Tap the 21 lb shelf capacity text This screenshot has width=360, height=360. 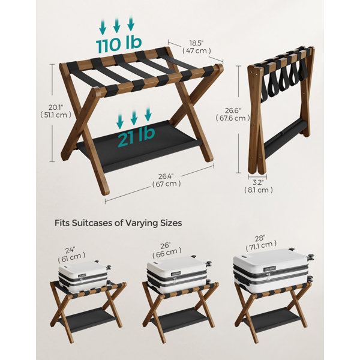click(x=136, y=137)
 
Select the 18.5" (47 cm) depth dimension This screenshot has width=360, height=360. click(x=197, y=47)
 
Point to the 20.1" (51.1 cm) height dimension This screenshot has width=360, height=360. click(x=56, y=111)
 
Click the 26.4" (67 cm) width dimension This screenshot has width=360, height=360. click(x=166, y=180)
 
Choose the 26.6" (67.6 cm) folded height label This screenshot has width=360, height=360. click(x=233, y=115)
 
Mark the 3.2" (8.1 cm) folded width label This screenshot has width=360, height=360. click(x=259, y=187)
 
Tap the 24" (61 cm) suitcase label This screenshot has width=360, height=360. click(x=71, y=254)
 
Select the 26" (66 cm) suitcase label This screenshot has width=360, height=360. click(x=167, y=250)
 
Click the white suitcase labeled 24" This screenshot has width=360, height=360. click(x=85, y=276)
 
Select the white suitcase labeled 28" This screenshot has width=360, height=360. click(x=273, y=271)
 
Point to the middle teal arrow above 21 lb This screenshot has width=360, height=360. click(x=134, y=118)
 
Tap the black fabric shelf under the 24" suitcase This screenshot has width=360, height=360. click(x=87, y=319)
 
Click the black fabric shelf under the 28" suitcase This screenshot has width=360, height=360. click(x=272, y=320)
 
